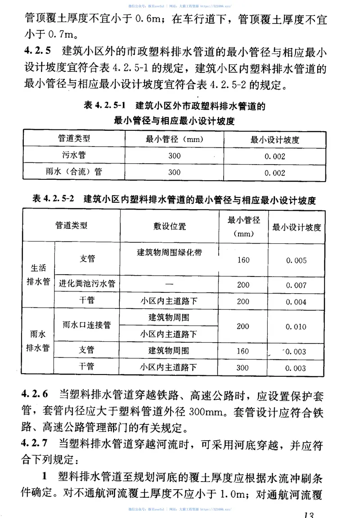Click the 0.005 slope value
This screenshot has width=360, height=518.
[x=296, y=260]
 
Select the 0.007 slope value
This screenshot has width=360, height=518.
[x=296, y=285]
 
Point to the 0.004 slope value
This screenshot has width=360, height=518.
[x=296, y=301]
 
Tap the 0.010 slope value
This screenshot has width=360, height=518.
[x=296, y=326]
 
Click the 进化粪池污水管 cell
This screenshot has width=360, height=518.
[x=87, y=284]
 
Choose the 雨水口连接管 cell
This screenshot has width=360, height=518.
[x=87, y=326]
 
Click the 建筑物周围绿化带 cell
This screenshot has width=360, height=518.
[x=169, y=253]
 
